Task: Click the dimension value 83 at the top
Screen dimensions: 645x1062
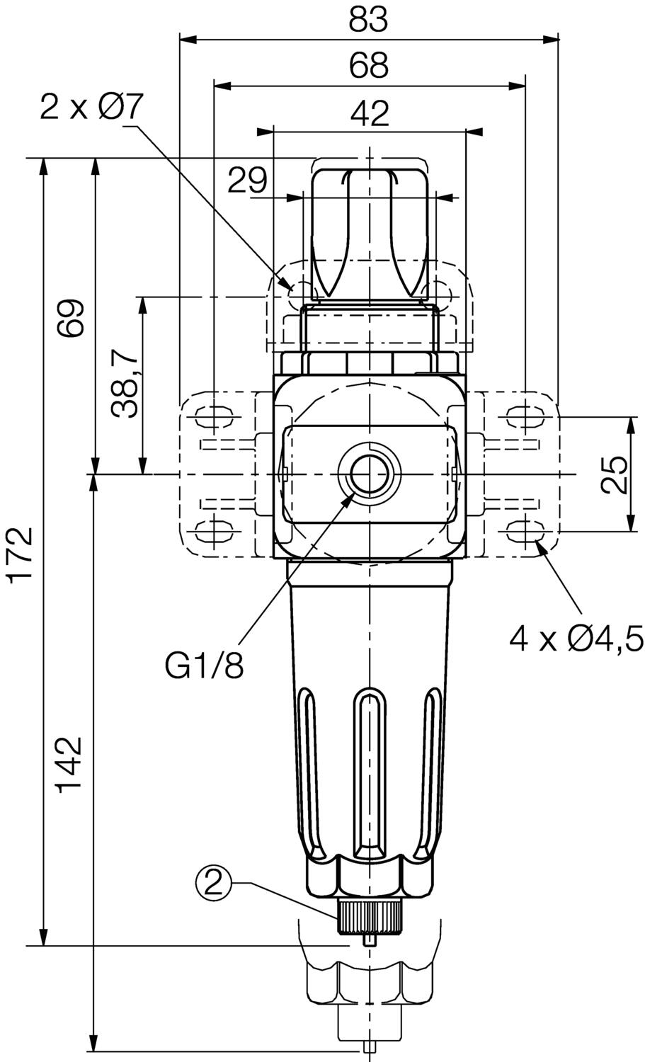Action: (368, 20)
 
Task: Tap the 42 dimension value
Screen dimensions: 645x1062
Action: (370, 114)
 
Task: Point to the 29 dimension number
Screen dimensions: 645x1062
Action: (247, 180)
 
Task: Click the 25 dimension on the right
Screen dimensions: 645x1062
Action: (615, 474)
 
